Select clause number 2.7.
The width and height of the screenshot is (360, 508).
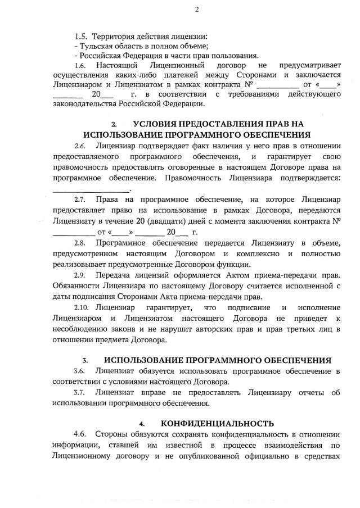(x=80, y=199)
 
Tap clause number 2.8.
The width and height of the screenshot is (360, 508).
(x=80, y=243)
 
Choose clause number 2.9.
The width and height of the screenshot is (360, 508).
(x=80, y=275)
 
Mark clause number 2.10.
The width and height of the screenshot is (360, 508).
(x=82, y=308)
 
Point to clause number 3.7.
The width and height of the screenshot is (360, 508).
(x=80, y=393)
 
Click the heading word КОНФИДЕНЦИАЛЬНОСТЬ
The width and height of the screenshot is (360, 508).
(x=218, y=424)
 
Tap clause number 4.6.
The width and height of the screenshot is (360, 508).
(x=80, y=434)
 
